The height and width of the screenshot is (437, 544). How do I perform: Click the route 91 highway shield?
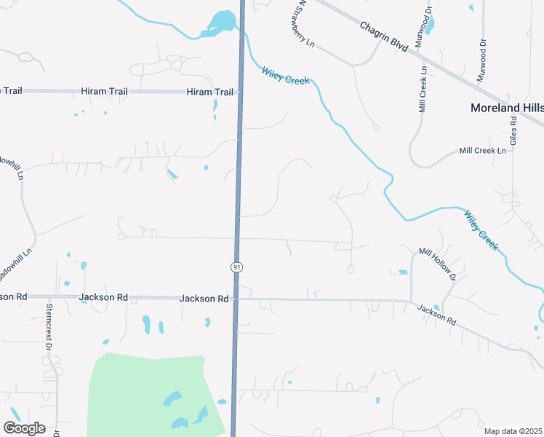(236, 268)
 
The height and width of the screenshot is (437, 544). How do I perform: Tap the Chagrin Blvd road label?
(384, 35)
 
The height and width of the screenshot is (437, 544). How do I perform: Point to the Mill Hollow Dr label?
(436, 264)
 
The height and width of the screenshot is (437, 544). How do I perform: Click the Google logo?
(24, 428)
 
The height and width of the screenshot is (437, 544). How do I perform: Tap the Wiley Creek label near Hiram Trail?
(286, 75)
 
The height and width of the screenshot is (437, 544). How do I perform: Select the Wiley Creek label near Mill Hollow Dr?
(481, 230)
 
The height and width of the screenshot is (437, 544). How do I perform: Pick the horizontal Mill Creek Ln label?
(482, 151)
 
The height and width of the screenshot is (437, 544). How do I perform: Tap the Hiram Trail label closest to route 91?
(210, 92)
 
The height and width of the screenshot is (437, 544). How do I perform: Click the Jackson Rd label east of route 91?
(436, 315)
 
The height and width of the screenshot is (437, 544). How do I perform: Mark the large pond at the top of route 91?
(222, 21)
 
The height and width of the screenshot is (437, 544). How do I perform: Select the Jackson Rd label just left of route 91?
(204, 299)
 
